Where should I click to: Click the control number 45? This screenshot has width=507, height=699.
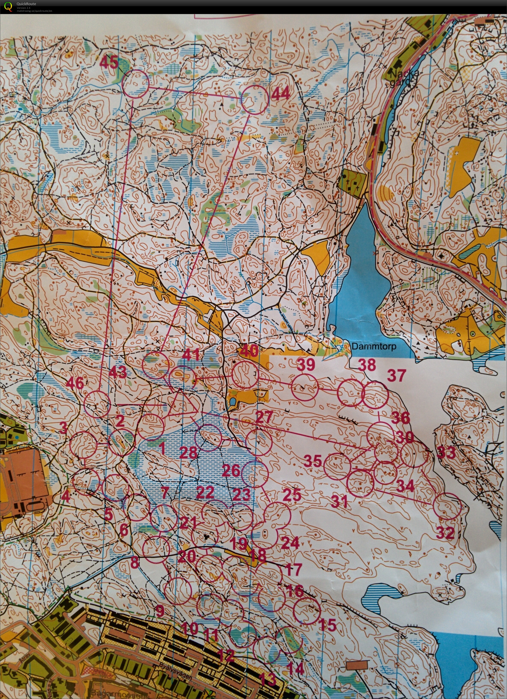tap(109, 63)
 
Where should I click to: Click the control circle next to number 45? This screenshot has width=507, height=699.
tap(136, 84)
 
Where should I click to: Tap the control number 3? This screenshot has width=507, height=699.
tap(63, 427)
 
